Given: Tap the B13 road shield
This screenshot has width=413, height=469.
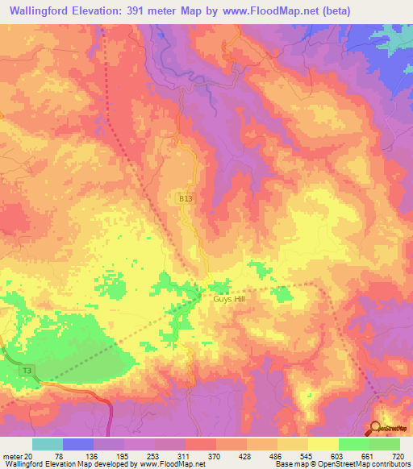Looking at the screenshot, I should tap(186, 197).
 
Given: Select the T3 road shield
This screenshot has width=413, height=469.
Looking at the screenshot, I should tap(27, 370).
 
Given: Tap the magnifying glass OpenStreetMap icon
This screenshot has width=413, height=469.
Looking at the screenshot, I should tap(377, 430).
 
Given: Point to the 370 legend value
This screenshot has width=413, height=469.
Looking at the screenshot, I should tap(214, 455).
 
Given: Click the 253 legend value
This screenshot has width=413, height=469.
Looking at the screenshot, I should tap(152, 455).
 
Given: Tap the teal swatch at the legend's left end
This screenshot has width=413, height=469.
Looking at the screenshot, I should tap(48, 444).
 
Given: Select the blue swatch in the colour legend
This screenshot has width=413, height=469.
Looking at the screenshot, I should tap(78, 444).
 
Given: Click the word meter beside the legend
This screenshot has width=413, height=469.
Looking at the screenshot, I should tap(11, 455).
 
